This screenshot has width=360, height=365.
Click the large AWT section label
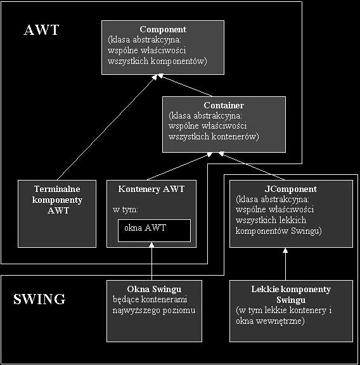point(41,30)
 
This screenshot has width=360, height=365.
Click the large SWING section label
point(39,299)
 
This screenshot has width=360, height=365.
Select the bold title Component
point(163,29)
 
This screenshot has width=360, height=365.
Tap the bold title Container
point(224,105)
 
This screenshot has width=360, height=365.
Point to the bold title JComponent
point(291,189)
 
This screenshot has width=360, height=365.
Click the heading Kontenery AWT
point(151,189)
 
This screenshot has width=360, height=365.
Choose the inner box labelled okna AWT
point(154,231)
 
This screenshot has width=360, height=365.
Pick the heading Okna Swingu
point(154,289)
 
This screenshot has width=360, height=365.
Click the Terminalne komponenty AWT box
point(57,214)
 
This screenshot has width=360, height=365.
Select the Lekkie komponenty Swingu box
point(291,311)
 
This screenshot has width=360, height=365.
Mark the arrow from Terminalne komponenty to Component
point(107,127)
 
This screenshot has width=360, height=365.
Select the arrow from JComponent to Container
point(252,166)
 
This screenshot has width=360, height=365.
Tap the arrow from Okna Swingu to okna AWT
point(151,261)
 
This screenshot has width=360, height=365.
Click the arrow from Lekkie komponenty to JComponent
point(285,264)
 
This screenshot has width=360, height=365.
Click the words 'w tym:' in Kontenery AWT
point(125,210)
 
